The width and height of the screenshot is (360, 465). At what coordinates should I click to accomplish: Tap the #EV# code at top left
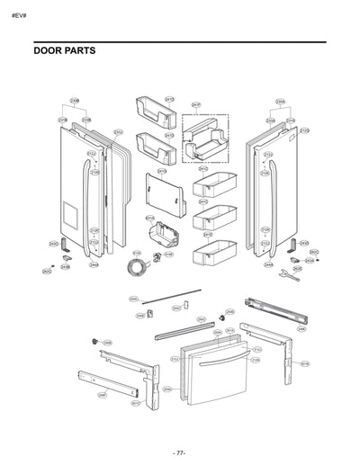tap(18, 16)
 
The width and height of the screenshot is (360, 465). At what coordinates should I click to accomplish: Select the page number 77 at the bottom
tap(179, 452)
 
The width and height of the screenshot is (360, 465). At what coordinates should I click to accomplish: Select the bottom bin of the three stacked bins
tap(212, 250)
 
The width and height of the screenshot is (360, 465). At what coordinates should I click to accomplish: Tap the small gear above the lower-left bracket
tap(92, 342)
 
